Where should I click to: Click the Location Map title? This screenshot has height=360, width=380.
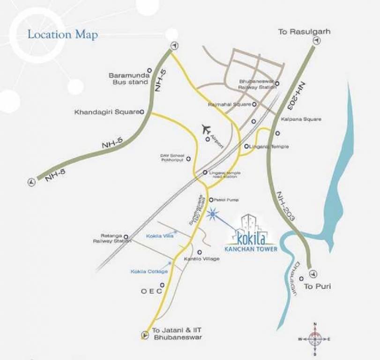63,35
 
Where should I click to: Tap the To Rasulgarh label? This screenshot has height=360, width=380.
304,32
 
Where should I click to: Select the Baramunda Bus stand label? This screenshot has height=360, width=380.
128,78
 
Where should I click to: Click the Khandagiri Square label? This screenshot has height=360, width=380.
107,112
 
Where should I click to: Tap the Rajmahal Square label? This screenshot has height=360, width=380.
230,105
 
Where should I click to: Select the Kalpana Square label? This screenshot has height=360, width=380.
301,119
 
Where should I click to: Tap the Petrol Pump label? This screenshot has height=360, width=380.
227,200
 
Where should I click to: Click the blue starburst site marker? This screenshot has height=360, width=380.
213,215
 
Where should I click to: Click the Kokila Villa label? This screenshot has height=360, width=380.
159,236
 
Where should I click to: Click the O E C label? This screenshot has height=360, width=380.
151,291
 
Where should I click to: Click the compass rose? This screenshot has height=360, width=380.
315,338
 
